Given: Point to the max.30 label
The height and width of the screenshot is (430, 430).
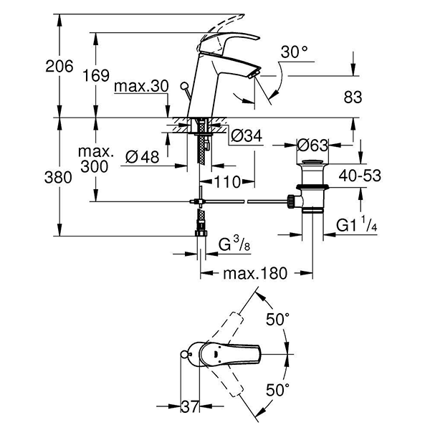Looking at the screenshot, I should [x=141, y=87].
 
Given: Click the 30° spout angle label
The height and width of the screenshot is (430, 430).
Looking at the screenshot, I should [x=294, y=52].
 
